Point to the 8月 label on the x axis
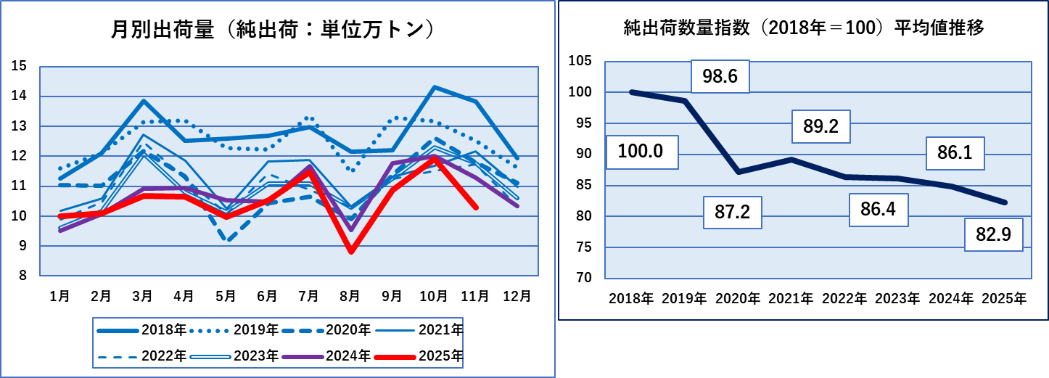[x=350, y=296]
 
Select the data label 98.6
[x=720, y=76]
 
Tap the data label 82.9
[x=992, y=234]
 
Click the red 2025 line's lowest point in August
[x=351, y=252]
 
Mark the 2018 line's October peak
[x=434, y=87]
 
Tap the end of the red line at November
[x=475, y=208]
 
